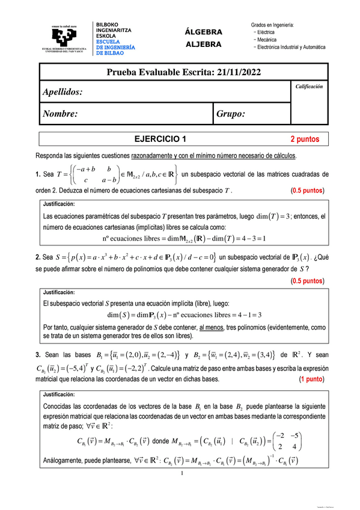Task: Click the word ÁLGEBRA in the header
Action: tap(204, 32)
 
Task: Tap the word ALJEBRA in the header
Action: tap(204, 44)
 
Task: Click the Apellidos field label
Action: tap(63, 92)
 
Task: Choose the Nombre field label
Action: tap(59, 113)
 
